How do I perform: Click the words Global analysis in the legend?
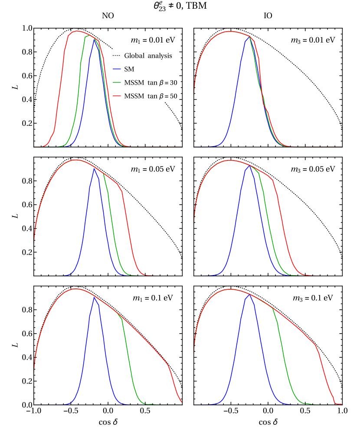pyautogui.click(x=148, y=56)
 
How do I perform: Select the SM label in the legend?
pyautogui.click(x=129, y=69)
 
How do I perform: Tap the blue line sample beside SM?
pyautogui.click(x=116, y=69)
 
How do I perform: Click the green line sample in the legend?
pyautogui.click(x=116, y=82)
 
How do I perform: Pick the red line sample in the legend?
pyautogui.click(x=116, y=96)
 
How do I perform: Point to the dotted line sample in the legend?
pyautogui.click(x=116, y=56)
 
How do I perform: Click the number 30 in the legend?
pyautogui.click(x=173, y=82)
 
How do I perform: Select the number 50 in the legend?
pyautogui.click(x=173, y=96)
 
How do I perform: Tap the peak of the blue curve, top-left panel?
pyautogui.click(x=94, y=39)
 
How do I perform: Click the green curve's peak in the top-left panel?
pyautogui.click(x=89, y=36)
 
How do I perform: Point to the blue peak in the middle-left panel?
pyautogui.click(x=94, y=168)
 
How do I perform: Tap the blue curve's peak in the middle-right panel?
pyautogui.click(x=249, y=165)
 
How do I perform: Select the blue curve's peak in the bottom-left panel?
pyautogui.click(x=94, y=297)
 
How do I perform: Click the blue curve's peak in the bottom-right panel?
pyautogui.click(x=249, y=295)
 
